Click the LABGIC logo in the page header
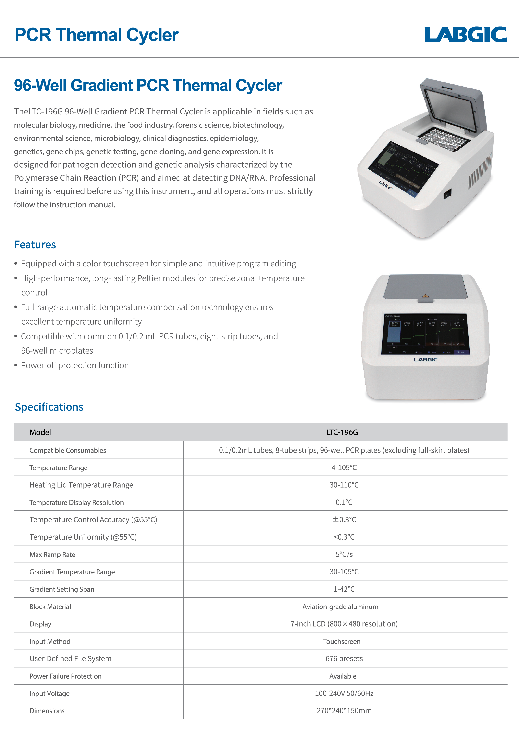pyautogui.click(x=465, y=35)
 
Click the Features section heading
pyautogui.click(x=35, y=245)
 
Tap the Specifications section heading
pyautogui.click(x=49, y=407)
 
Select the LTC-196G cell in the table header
pyautogui.click(x=342, y=432)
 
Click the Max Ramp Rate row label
pyautogui.click(x=52, y=555)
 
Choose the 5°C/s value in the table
pyautogui.click(x=344, y=554)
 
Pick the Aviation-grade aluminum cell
pyautogui.click(x=340, y=607)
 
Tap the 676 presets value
pyautogui.click(x=344, y=659)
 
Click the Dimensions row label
pyautogui.click(x=47, y=711)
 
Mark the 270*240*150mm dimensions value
pyautogui.click(x=344, y=711)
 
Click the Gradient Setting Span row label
pyautogui.click(x=62, y=590)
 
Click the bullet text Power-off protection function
pyautogui.click(x=75, y=365)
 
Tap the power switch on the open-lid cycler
pyautogui.click(x=447, y=194)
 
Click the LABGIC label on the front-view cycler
pyautogui.click(x=425, y=360)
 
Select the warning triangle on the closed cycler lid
pyautogui.click(x=425, y=296)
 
